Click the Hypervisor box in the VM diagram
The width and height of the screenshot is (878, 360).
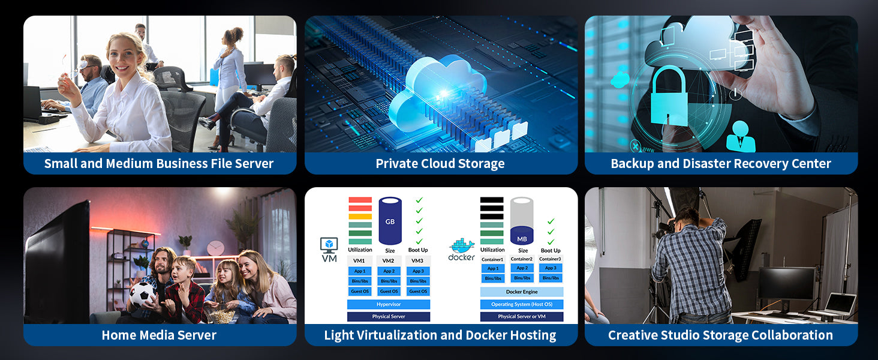click(x=389, y=304)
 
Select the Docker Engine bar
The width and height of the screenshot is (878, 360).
click(x=522, y=292)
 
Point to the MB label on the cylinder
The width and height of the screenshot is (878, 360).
click(x=522, y=238)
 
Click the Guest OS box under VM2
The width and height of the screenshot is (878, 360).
click(x=389, y=292)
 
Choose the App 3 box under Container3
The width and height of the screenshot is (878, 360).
click(x=551, y=268)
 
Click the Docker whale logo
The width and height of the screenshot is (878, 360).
click(x=462, y=247)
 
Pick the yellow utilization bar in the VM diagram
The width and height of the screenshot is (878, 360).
click(x=360, y=217)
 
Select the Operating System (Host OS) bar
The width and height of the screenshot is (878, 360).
click(x=522, y=304)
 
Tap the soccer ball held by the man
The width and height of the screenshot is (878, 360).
click(x=143, y=294)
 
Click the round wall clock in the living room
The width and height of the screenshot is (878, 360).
click(x=215, y=248)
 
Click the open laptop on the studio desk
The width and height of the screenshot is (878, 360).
click(x=838, y=305)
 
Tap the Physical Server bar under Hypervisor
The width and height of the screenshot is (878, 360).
click(x=389, y=316)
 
